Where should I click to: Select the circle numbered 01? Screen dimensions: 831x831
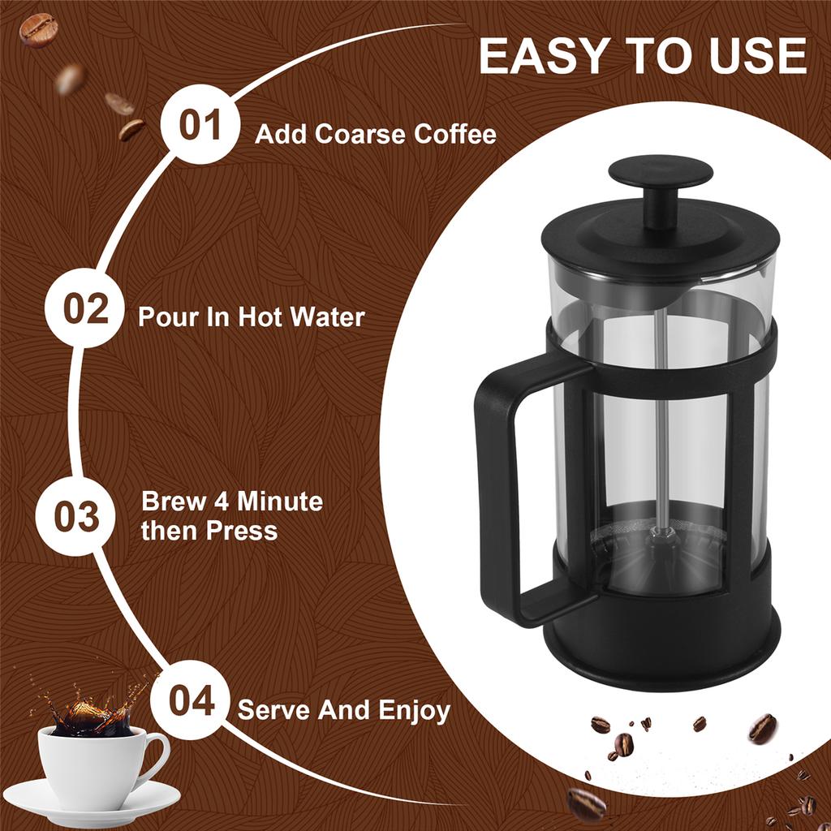(200, 127)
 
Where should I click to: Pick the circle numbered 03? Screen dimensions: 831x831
(76, 517)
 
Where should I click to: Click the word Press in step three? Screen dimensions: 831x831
(241, 532)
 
